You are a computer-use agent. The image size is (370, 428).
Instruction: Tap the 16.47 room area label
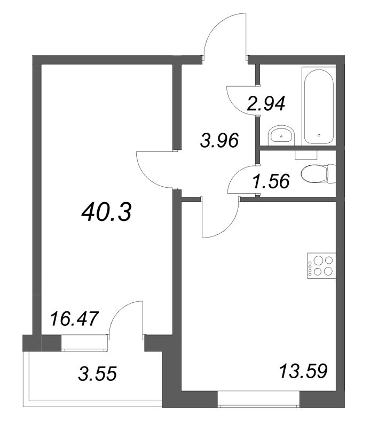click(74, 319)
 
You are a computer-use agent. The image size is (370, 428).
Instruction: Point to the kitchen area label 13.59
click(302, 370)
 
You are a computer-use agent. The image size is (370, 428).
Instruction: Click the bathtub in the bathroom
click(319, 105)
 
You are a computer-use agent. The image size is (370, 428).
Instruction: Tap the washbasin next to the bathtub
click(280, 135)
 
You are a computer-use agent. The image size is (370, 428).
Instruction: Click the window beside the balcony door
click(85, 342)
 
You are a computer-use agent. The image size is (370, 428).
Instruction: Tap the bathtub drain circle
click(318, 135)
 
